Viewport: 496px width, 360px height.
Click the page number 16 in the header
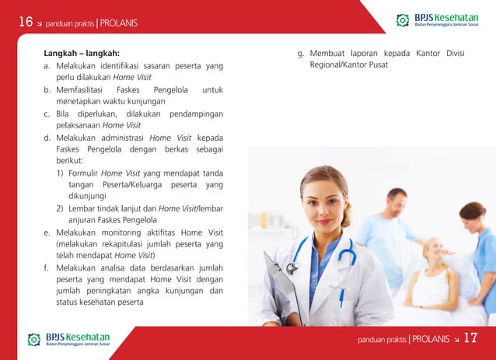tap(26, 22)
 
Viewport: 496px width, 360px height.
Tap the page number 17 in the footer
tap(470, 338)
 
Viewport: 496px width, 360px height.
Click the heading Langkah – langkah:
tap(81, 54)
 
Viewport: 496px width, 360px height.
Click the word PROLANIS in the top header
tap(119, 23)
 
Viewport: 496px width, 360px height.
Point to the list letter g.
tap(300, 54)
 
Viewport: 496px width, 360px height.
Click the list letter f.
tap(46, 267)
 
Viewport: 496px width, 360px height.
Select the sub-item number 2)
tap(60, 208)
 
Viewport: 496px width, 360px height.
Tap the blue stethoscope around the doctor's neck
tap(342, 260)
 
